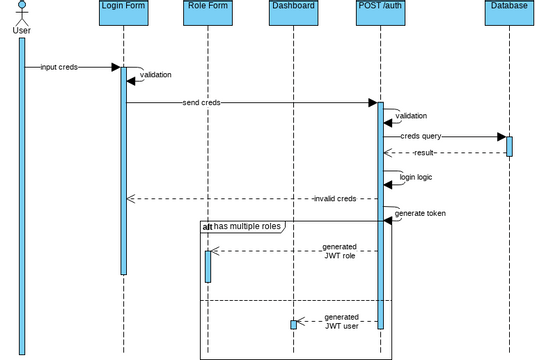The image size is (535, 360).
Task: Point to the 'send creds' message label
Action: (x=202, y=102)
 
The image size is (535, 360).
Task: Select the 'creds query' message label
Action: (x=421, y=136)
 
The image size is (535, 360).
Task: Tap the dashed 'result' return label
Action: (x=424, y=153)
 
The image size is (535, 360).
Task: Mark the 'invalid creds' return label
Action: (x=334, y=198)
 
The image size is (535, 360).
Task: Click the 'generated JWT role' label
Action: (x=340, y=251)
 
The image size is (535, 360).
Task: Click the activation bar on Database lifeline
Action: (x=509, y=146)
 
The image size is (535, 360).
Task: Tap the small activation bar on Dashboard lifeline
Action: (x=293, y=324)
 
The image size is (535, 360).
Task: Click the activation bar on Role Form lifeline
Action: (x=208, y=265)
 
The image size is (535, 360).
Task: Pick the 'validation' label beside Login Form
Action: (x=155, y=75)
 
